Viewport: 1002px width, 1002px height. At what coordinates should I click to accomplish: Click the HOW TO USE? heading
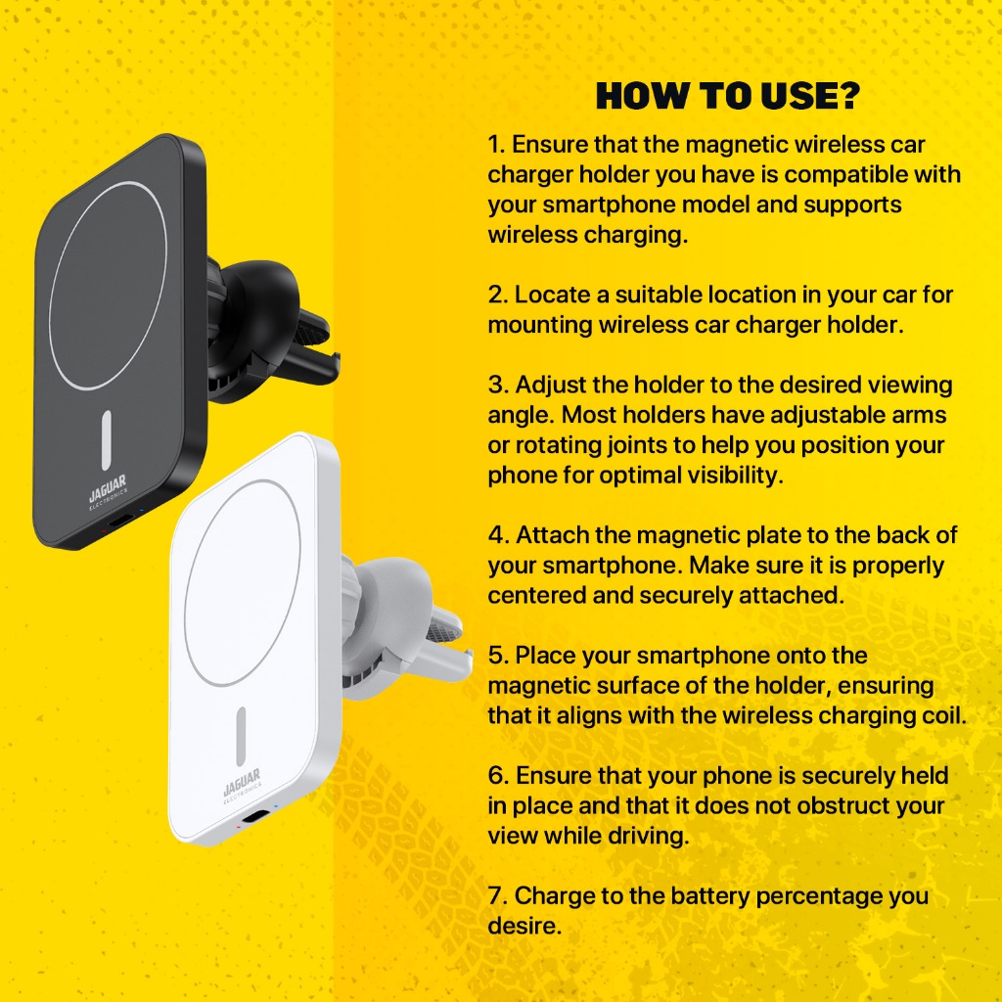click(728, 96)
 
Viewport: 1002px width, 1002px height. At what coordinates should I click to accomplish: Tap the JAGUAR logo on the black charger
click(108, 491)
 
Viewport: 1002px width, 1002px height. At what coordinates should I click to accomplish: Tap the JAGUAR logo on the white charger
click(243, 785)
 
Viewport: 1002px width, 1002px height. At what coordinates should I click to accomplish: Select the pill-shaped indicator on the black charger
click(106, 440)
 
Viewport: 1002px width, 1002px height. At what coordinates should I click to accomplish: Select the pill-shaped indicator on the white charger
click(241, 736)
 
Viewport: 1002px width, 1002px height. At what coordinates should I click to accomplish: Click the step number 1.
click(496, 145)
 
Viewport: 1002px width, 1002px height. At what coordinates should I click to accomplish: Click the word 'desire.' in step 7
click(524, 926)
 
